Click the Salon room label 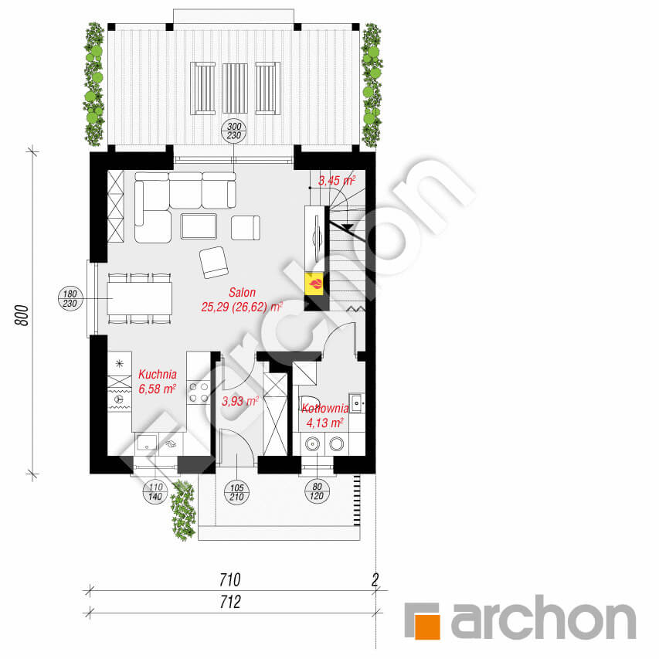(242, 292)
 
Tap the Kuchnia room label (158, 374)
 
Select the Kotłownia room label (325, 408)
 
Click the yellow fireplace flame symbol (314, 284)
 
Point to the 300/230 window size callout (234, 131)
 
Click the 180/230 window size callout (70, 298)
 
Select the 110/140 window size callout (155, 491)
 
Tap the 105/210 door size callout (237, 492)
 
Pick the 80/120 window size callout (317, 491)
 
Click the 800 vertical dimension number (22, 314)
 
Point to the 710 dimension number (230, 580)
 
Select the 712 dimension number (230, 602)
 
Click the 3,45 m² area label (337, 180)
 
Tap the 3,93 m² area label (239, 401)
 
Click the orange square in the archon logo (427, 627)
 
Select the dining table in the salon (140, 298)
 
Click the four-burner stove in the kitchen (199, 392)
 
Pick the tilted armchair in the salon (214, 262)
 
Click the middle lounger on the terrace (235, 88)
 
